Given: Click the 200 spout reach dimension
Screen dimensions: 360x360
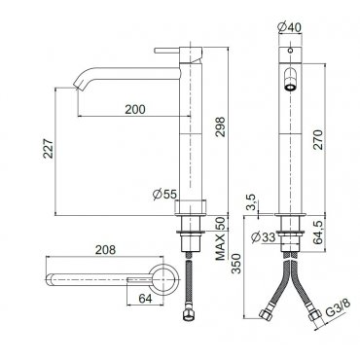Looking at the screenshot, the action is pyautogui.click(x=135, y=109).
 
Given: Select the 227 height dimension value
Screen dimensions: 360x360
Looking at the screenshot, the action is pyautogui.click(x=49, y=149).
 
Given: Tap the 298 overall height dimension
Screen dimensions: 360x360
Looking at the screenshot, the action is pyautogui.click(x=220, y=126).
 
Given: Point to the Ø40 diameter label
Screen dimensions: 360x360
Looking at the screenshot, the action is pyautogui.click(x=290, y=27).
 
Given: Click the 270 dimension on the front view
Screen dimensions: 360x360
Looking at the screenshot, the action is pyautogui.click(x=318, y=139).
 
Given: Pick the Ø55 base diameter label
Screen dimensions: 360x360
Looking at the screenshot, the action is pyautogui.click(x=164, y=195).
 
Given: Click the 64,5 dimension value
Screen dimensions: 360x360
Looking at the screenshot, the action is pyautogui.click(x=318, y=233).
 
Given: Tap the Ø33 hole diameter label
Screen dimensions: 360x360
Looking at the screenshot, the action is pyautogui.click(x=264, y=237).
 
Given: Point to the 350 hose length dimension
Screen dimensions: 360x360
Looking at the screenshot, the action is pyautogui.click(x=237, y=264).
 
